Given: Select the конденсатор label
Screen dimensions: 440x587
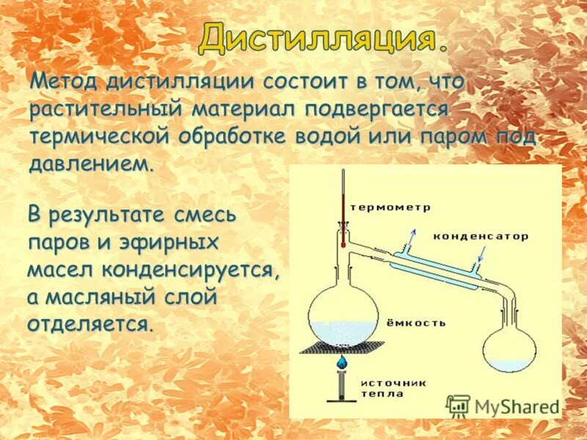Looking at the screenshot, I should tap(480, 236).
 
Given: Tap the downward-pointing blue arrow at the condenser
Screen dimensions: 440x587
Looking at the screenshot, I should tap(481, 255).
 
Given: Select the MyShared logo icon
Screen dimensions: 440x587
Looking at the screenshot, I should tap(458, 406).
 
